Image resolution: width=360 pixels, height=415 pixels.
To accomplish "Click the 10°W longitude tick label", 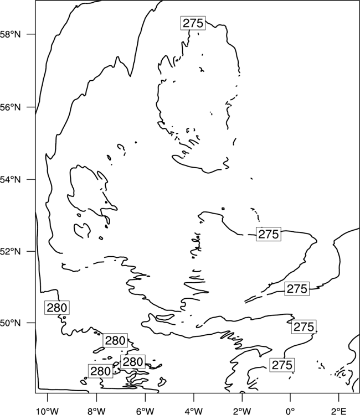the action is tap(48, 411).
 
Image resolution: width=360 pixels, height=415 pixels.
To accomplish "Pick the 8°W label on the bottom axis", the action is tap(96, 411).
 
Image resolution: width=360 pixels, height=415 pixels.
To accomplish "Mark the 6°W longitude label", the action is tap(145, 411).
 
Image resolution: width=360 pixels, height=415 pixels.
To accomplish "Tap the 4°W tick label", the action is tap(194, 411).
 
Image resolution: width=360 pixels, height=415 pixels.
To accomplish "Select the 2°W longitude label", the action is tap(242, 411).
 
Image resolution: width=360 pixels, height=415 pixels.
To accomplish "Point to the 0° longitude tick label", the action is tap(291, 411).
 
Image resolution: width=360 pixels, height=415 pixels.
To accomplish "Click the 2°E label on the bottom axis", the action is tap(339, 411).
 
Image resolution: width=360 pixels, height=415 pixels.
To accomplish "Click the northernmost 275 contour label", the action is tap(193, 23).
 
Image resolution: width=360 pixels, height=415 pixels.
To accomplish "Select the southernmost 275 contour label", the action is tap(282, 365).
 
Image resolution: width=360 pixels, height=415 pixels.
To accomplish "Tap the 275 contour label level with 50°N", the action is tap(304, 327).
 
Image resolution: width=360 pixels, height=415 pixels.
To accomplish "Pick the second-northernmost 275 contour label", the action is tap(269, 234).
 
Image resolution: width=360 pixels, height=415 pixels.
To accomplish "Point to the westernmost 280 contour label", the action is tap(57, 308).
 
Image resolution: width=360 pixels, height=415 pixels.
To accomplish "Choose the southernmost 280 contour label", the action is tap(100, 371).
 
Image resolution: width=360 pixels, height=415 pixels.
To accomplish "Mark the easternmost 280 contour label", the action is tap(133, 361).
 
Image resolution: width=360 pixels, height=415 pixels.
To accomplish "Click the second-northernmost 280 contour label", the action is tap(115, 340).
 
